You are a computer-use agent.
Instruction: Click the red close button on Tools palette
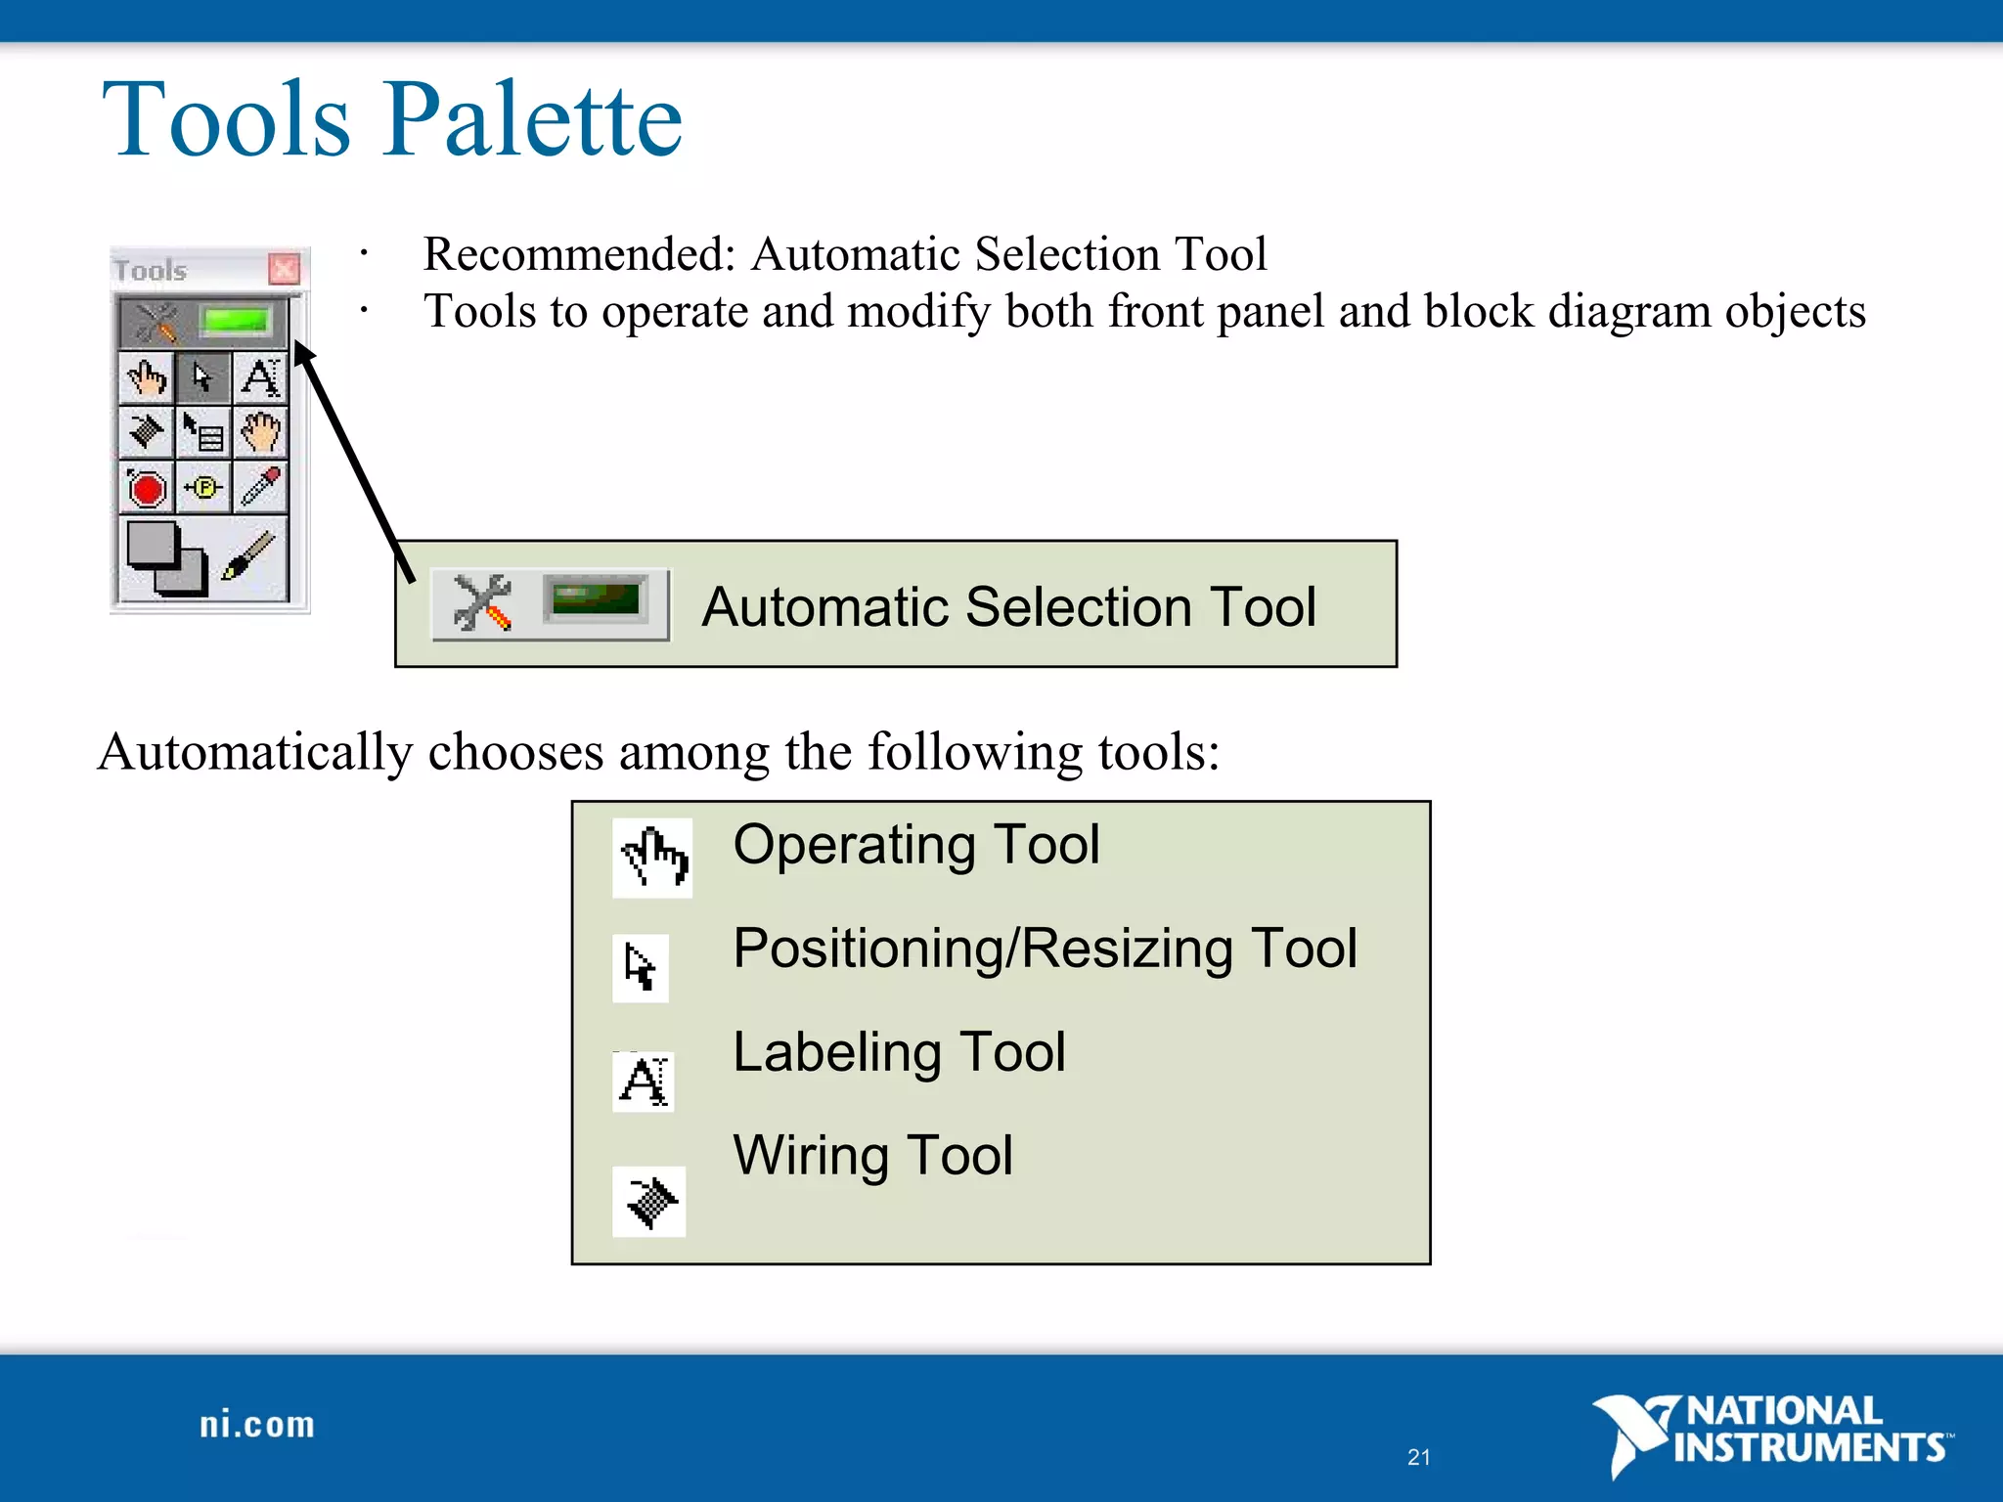tap(284, 268)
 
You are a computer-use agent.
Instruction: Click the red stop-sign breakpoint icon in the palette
tap(147, 488)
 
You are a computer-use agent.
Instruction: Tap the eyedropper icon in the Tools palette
tap(260, 486)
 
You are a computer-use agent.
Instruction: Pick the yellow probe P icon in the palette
tap(203, 487)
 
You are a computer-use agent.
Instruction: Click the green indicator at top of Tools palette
tap(235, 321)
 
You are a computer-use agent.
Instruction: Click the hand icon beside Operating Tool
tap(652, 858)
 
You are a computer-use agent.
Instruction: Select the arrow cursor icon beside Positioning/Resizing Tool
tap(641, 968)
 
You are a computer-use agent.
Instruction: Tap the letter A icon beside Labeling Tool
tap(644, 1082)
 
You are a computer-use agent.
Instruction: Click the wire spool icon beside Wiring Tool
tap(649, 1201)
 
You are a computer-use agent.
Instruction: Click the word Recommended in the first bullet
tap(578, 254)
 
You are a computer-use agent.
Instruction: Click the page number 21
tap(1418, 1457)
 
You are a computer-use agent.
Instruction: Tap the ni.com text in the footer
tap(257, 1425)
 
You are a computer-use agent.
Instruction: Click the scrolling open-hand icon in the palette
tap(260, 432)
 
